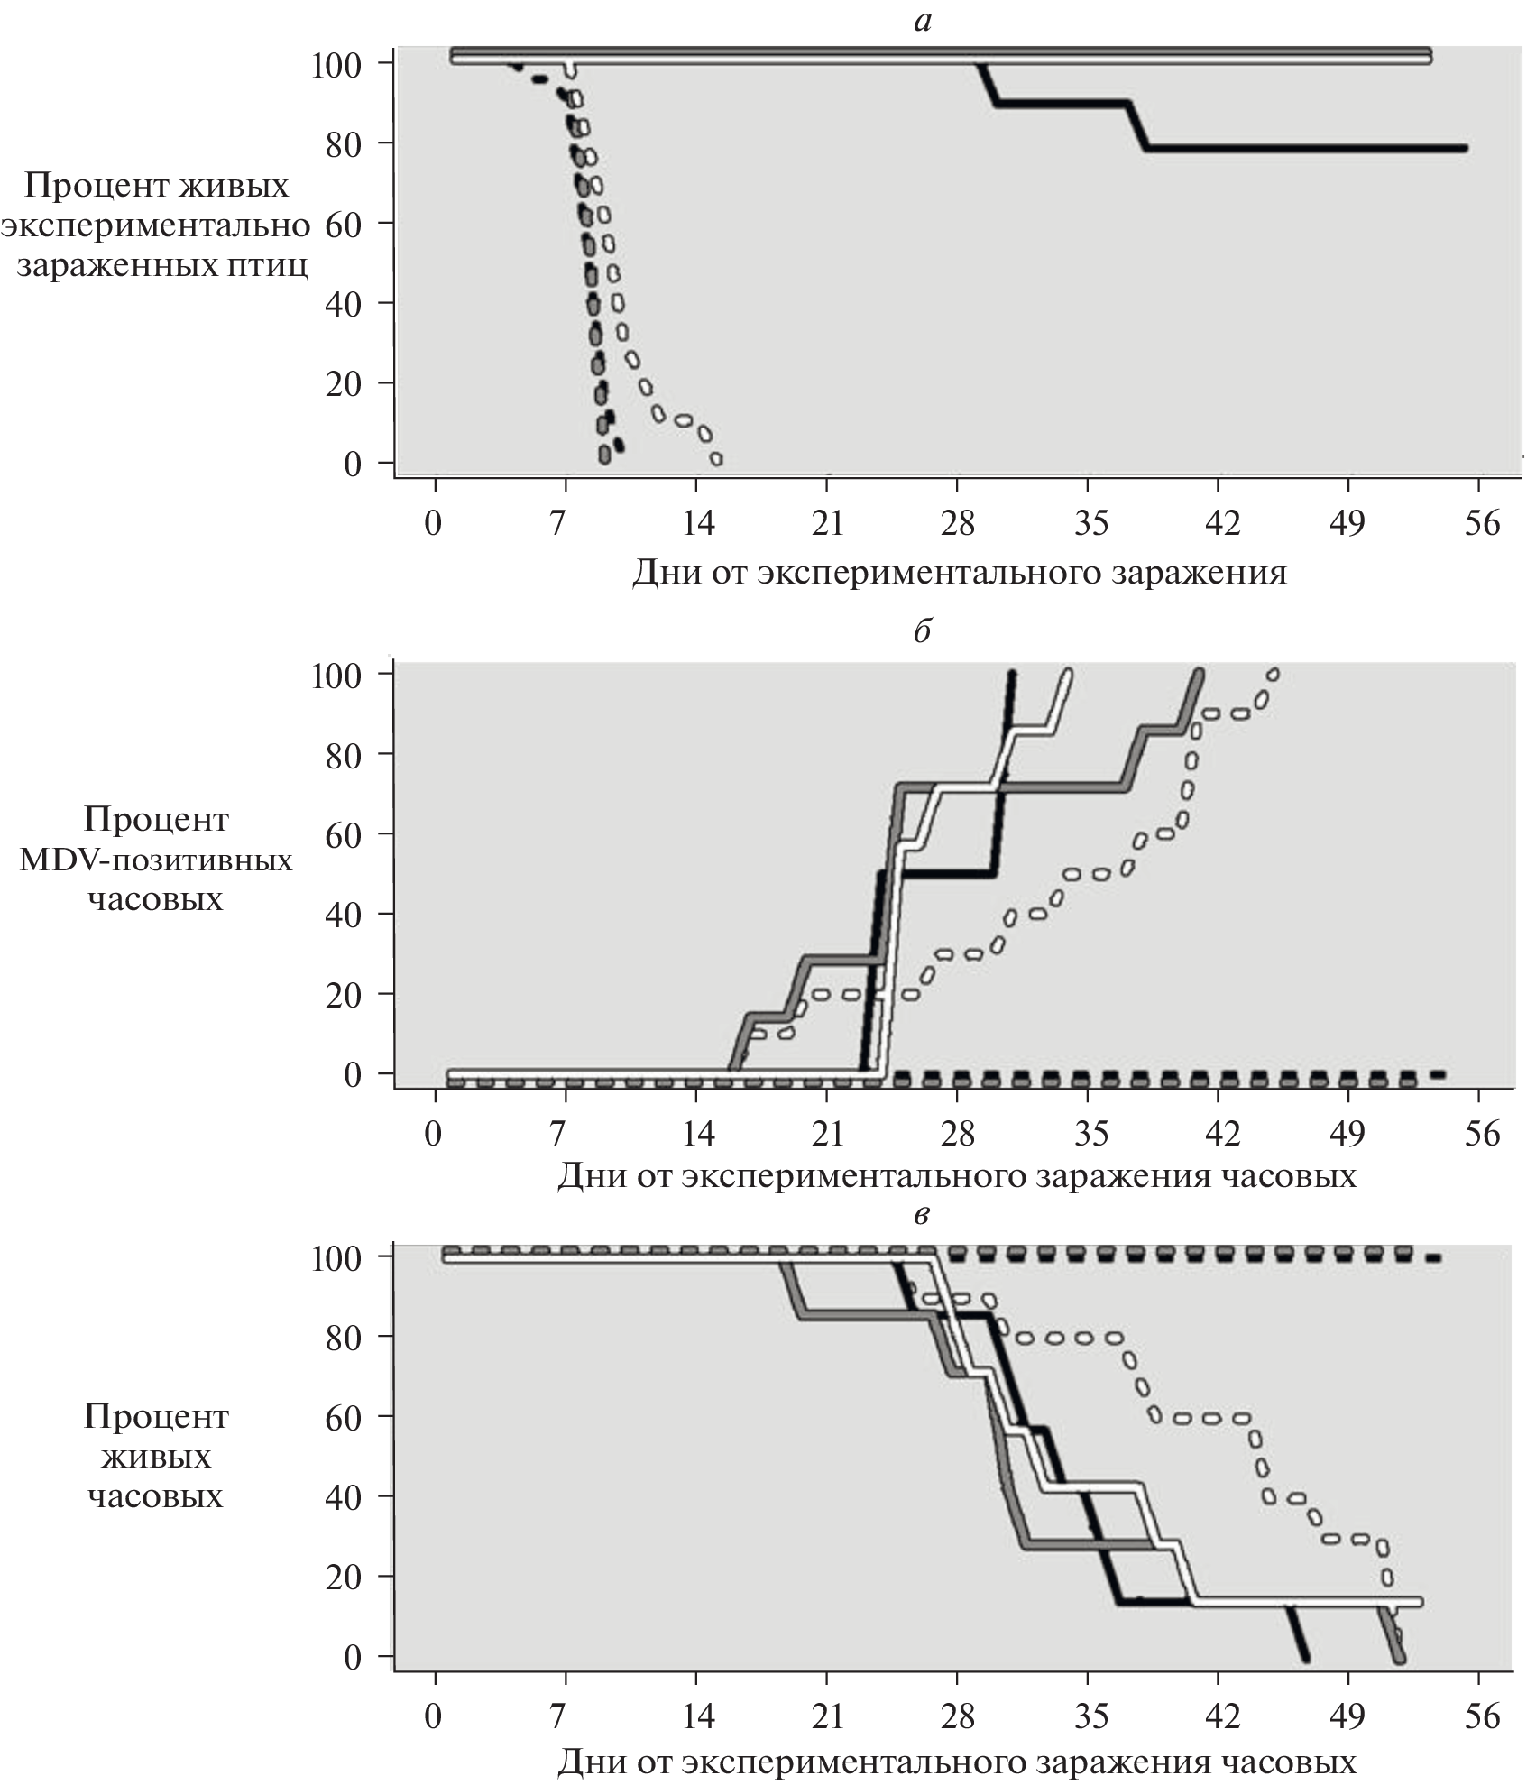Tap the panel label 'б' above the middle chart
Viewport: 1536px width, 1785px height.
tap(922, 632)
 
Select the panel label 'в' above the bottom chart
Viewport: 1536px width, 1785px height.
tap(922, 1215)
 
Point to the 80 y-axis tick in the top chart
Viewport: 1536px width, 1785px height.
tap(345, 144)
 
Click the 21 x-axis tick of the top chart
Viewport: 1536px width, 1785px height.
tap(827, 523)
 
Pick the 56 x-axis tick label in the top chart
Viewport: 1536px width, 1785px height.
tap(1482, 523)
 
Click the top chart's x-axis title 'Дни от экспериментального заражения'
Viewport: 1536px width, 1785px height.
tap(959, 572)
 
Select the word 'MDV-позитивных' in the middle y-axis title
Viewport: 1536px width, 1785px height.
tap(156, 860)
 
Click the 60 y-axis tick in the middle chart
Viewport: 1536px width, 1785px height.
tap(345, 835)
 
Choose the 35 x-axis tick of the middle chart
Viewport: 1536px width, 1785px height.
tap(1090, 1133)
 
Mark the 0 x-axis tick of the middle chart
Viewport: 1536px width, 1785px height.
tap(434, 1133)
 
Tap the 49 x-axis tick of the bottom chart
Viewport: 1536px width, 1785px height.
tap(1347, 1716)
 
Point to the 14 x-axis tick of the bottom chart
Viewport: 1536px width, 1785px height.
tap(697, 1716)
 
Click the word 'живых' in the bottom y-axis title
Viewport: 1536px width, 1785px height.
tap(156, 1457)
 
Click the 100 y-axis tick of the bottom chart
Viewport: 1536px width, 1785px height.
tap(336, 1257)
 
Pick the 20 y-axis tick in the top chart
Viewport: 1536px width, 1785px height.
tap(345, 384)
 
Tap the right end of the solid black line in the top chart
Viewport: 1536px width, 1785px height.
tap(1465, 148)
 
